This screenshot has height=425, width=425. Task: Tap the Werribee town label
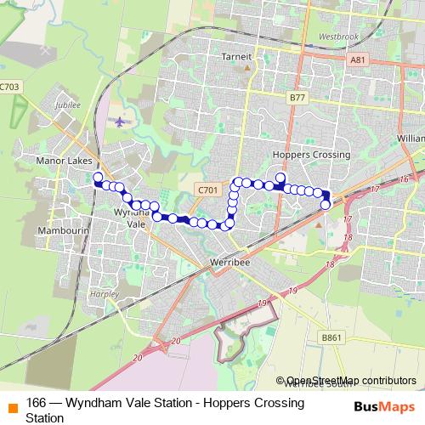click(x=229, y=263)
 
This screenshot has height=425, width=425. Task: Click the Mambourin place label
click(x=59, y=230)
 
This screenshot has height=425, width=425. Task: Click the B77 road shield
click(x=297, y=98)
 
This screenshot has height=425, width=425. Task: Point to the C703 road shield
click(x=9, y=86)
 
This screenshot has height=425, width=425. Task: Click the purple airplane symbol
click(x=120, y=121)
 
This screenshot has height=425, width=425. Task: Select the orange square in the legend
click(x=10, y=404)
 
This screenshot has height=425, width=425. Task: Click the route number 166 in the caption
click(x=36, y=403)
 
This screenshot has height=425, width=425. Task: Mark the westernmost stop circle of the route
click(x=98, y=178)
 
